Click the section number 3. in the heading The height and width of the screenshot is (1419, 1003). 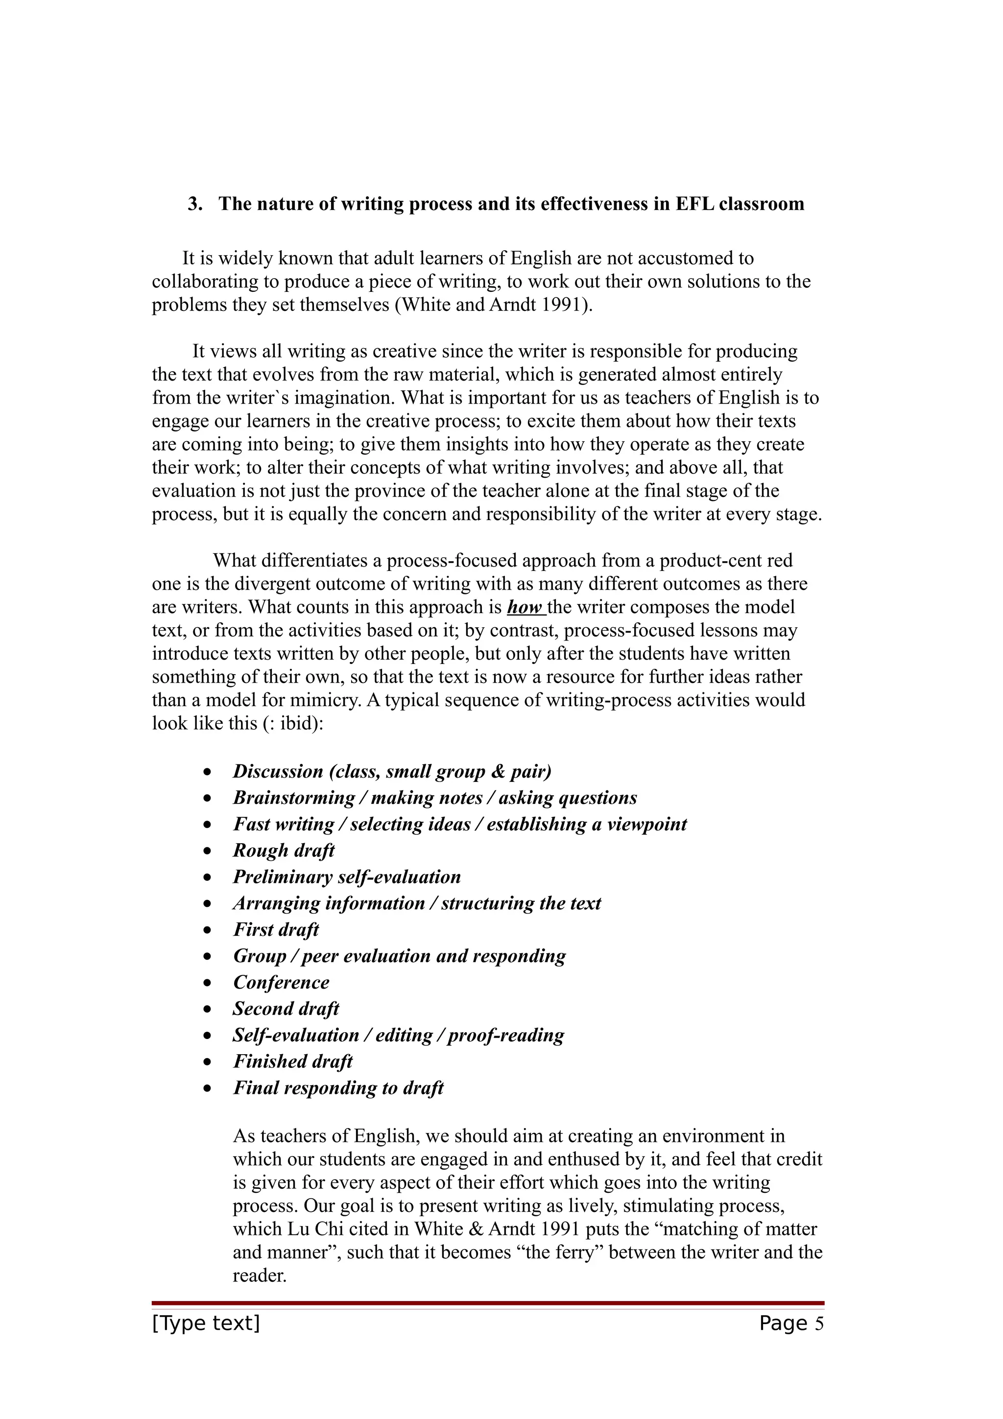pos(195,204)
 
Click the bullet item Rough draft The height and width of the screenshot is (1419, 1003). pos(284,851)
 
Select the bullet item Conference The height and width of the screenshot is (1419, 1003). pos(281,982)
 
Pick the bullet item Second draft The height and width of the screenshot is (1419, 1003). pos(286,1009)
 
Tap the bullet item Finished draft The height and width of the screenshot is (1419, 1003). pos(292,1061)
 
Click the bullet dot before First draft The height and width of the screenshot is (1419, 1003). pos(208,930)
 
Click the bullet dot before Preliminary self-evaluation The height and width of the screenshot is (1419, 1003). pos(208,877)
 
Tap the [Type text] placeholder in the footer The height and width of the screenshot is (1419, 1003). pos(206,1323)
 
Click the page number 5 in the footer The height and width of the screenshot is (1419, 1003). pos(819,1323)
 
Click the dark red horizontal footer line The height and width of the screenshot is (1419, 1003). pos(488,1303)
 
